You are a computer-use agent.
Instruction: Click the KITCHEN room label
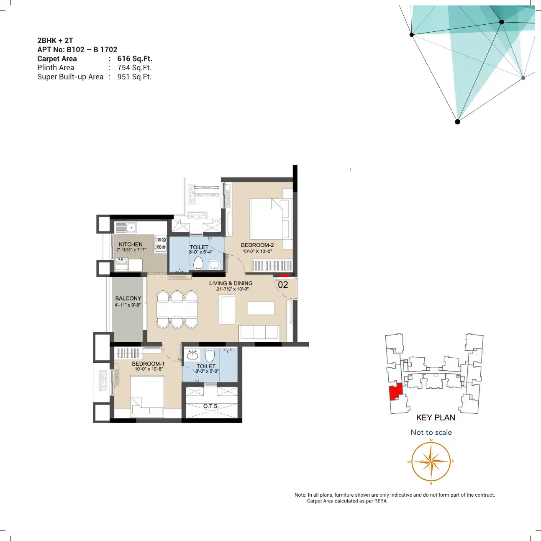pyautogui.click(x=131, y=244)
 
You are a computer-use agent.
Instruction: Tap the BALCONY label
pyautogui.click(x=128, y=298)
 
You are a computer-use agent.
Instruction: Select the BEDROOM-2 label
pyautogui.click(x=257, y=245)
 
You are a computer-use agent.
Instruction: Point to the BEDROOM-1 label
pyautogui.click(x=148, y=364)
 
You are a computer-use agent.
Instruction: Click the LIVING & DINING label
pyautogui.click(x=231, y=283)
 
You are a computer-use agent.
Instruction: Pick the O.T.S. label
pyautogui.click(x=211, y=406)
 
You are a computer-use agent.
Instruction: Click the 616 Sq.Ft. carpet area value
pyautogui.click(x=135, y=59)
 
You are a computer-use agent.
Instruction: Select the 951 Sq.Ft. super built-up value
pyautogui.click(x=134, y=77)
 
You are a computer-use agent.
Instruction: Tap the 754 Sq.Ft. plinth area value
pyautogui.click(x=134, y=68)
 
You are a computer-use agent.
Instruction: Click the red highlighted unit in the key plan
pyautogui.click(x=394, y=392)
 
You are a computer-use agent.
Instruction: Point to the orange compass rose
pyautogui.click(x=431, y=462)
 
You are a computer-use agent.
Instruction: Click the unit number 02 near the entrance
pyautogui.click(x=283, y=285)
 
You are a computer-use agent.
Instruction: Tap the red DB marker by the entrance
pyautogui.click(x=285, y=275)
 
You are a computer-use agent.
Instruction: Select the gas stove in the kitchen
pyautogui.click(x=161, y=243)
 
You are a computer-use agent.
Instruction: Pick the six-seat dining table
pyautogui.click(x=177, y=309)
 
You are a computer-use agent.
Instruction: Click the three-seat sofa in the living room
pyautogui.click(x=259, y=333)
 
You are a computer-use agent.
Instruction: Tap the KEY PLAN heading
pyautogui.click(x=436, y=418)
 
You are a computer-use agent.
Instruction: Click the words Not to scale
pyautogui.click(x=431, y=432)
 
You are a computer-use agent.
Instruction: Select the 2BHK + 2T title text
pyautogui.click(x=55, y=41)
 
